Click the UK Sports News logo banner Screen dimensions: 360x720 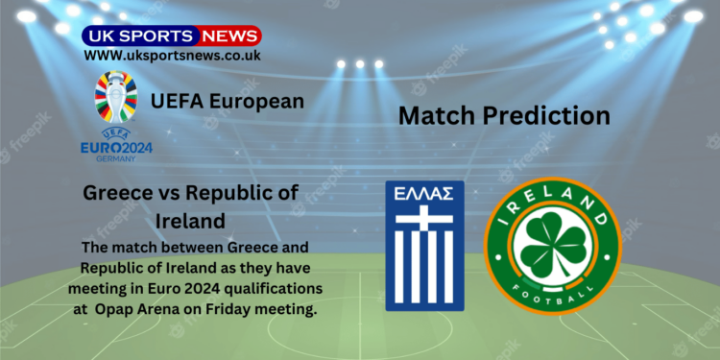click(171, 36)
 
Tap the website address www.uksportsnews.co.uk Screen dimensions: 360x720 click(171, 57)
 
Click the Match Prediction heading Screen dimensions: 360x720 click(504, 116)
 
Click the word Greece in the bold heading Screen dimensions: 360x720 click(118, 193)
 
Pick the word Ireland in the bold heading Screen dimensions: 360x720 click(190, 222)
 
